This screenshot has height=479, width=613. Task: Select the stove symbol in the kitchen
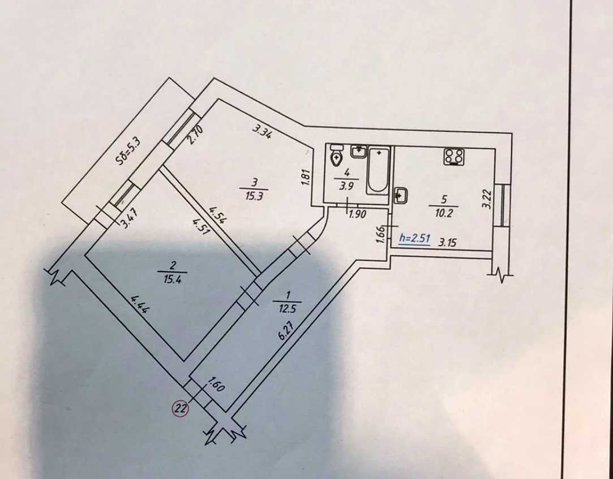tap(454, 157)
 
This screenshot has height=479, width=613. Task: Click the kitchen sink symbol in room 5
tap(400, 195)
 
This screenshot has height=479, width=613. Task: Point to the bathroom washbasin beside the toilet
tap(358, 150)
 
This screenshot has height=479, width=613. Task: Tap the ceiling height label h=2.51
tap(414, 238)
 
